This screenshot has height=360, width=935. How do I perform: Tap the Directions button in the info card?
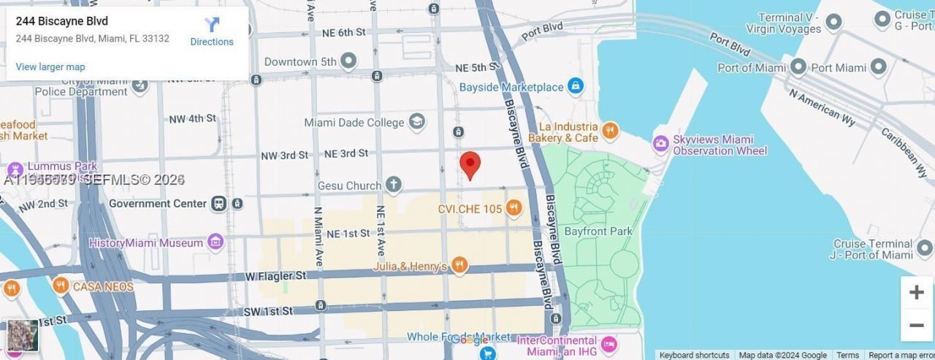(212, 32)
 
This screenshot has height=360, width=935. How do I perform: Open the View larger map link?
(50, 67)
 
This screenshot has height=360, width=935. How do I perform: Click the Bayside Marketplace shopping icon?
(576, 87)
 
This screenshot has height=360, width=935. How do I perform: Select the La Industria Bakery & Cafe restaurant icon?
(610, 131)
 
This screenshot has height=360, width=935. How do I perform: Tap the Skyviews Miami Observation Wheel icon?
(661, 145)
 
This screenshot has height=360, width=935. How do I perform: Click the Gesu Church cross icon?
(394, 185)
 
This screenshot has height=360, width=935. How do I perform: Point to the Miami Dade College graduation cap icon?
(417, 122)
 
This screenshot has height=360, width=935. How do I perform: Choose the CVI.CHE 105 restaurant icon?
(514, 209)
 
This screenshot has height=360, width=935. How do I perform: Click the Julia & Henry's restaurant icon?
(459, 266)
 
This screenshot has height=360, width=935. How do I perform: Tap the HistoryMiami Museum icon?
(215, 242)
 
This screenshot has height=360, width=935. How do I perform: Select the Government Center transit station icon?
(218, 204)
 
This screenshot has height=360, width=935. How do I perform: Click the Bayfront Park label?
(598, 231)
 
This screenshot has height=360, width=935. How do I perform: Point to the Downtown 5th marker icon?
(349, 61)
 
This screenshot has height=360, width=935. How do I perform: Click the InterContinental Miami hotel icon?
(608, 344)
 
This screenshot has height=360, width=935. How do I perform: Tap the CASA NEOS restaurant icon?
(61, 286)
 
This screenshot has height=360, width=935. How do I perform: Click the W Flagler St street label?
(275, 276)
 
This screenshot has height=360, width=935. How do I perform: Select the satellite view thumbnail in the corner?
(23, 335)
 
